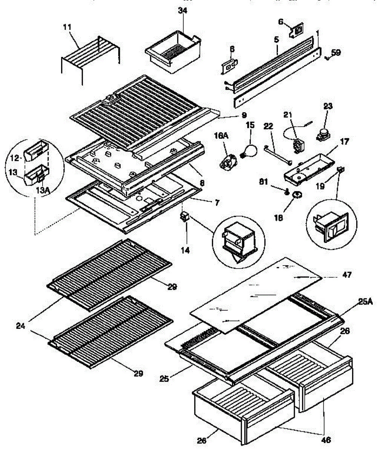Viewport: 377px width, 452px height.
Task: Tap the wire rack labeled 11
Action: click(90, 56)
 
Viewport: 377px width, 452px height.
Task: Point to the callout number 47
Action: click(347, 275)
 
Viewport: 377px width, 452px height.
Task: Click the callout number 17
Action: click(344, 143)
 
